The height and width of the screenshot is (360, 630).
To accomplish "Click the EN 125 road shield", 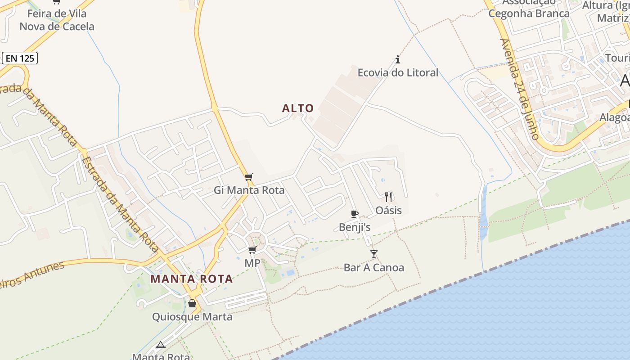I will pos(20,58).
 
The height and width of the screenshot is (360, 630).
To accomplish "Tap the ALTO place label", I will pos(297,108).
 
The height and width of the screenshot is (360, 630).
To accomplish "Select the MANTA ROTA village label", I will pos(192,279).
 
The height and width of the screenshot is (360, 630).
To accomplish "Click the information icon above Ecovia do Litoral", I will pos(398,59).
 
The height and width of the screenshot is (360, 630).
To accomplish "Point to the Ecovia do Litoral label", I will pos(398,72).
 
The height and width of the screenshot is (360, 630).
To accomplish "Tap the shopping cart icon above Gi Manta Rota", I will pos(249,177).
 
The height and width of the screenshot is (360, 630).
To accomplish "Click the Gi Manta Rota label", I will pos(249,190).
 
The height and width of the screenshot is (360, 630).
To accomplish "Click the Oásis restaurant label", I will pos(389,210).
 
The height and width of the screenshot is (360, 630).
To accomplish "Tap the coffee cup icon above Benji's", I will pos(355,214).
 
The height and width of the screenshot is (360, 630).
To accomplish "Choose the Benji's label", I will pos(355,227).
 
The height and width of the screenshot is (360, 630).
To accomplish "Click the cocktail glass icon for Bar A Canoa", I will pos(374,254).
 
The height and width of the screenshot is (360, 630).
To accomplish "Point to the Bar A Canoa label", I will pos(374,268).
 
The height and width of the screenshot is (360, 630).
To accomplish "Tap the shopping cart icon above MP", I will pos(252,250).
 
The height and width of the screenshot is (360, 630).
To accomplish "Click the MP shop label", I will pos(252,263).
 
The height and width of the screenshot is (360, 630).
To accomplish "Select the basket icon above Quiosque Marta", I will pos(192,304).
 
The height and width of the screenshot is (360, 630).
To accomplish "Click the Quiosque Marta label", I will pos(192,317).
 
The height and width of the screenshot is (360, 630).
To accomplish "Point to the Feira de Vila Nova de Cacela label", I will pos(57,20).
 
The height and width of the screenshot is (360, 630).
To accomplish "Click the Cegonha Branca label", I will pos(529,13).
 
